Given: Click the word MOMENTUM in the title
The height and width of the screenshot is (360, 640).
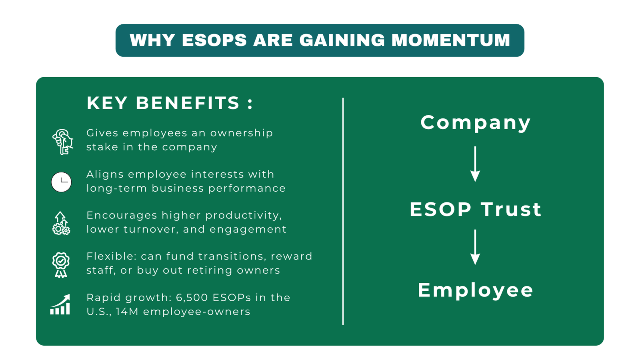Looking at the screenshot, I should tap(450, 40).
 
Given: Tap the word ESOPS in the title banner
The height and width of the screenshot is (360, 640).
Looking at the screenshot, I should tap(214, 40).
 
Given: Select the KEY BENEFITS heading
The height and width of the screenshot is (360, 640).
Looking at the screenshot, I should tap(170, 103).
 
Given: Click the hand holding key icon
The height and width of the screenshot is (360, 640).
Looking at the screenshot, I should tap(62, 142).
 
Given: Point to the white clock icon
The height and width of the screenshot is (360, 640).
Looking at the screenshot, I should tap(61, 182).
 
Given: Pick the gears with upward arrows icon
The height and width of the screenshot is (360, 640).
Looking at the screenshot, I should tap(61, 223).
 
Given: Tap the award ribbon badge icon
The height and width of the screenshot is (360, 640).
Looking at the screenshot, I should tap(61, 264).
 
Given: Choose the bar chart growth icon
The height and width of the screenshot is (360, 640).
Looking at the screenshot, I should tap(60, 305).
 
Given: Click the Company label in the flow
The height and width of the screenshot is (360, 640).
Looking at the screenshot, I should tap(475, 122).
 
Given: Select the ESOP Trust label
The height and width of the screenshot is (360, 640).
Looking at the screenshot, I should tap(475, 209).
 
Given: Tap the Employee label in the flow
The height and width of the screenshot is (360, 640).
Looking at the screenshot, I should tap(475, 290).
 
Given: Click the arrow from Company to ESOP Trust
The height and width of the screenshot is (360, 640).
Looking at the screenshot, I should tap(475, 164).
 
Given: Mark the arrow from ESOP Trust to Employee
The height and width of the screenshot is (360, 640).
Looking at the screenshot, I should tap(475, 247).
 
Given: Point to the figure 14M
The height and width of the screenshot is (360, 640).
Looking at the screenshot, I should tap(127, 312).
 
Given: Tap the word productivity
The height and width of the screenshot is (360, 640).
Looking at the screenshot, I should tap(244, 215).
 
